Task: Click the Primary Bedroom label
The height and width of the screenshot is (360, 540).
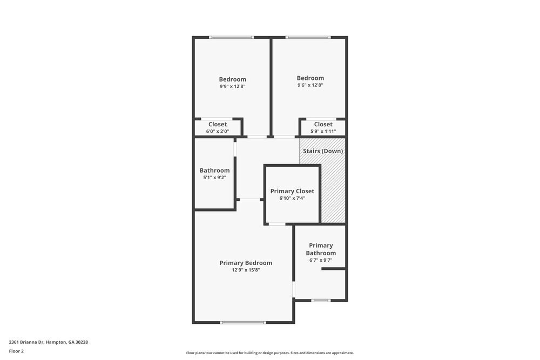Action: click(246, 263)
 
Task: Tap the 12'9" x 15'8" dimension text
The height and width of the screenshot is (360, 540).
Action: click(246, 270)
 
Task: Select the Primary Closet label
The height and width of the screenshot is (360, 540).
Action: click(292, 191)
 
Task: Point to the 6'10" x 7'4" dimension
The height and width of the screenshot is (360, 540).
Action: click(292, 198)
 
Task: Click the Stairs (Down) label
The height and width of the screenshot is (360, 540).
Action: click(323, 151)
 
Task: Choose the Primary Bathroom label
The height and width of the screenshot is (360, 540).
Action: click(321, 249)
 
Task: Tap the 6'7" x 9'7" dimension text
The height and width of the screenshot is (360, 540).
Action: click(321, 260)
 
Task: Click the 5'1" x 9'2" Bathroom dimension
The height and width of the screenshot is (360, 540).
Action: click(214, 177)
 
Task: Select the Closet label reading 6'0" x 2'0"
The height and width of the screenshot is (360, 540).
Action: click(218, 125)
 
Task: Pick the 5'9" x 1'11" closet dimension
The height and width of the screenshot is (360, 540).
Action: click(323, 131)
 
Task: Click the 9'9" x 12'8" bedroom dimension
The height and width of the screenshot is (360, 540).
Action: click(232, 86)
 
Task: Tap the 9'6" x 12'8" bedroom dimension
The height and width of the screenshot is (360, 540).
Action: click(310, 85)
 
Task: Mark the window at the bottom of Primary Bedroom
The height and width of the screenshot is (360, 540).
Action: click(243, 322)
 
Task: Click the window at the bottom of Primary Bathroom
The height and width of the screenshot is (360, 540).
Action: click(321, 300)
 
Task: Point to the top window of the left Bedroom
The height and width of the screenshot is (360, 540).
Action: click(232, 37)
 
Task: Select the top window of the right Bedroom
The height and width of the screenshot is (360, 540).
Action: click(308, 37)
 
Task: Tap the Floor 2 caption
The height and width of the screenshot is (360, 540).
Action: click(16, 351)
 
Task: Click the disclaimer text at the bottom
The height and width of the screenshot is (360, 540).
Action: click(270, 353)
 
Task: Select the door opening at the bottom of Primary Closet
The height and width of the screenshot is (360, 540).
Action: click(276, 223)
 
